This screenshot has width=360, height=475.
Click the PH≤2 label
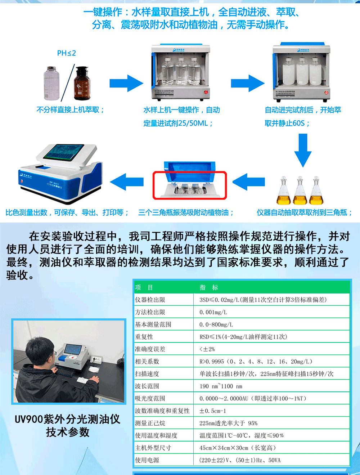coord(66,53)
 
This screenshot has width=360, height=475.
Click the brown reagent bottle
coord(82,83)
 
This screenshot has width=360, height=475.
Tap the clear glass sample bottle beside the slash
coord(51,83)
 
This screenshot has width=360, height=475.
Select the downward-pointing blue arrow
coord(303,150)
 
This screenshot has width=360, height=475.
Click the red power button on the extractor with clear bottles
coord(206,92)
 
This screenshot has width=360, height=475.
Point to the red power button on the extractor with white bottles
coord(326,93)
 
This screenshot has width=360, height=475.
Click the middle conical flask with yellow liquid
coord(300,191)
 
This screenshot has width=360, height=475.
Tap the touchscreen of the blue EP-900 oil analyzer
coord(63,152)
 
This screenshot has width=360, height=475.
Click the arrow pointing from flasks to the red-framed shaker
coord(249,182)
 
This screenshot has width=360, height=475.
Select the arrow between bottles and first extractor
coord(126,83)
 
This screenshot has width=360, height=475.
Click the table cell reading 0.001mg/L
coord(213,312)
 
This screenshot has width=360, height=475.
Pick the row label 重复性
coord(144,337)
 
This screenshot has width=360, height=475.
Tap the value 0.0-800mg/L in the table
coord(216,324)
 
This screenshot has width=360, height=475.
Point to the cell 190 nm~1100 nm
coord(221,386)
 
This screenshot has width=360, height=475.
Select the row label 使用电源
coord(147,460)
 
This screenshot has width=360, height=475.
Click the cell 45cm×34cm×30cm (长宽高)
coord(238,448)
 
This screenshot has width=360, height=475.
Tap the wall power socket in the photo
coord(96,359)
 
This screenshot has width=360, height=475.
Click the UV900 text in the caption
coord(29,419)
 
